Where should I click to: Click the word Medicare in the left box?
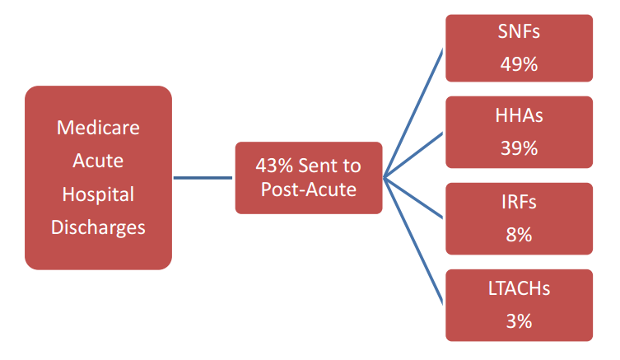[98, 129]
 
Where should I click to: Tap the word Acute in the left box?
[98, 161]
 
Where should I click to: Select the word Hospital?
[98, 194]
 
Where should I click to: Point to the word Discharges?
[98, 227]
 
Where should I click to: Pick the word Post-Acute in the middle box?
[309, 189]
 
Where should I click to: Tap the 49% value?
[519, 64]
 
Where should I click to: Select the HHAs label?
[519, 116]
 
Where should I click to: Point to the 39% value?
[519, 147]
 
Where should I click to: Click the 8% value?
[519, 234]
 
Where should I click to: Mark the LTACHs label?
[519, 289]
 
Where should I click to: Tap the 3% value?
[519, 320]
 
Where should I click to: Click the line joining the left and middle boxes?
[203, 177]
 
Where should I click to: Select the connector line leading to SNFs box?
[414, 111]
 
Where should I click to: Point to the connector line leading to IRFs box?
[414, 197]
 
